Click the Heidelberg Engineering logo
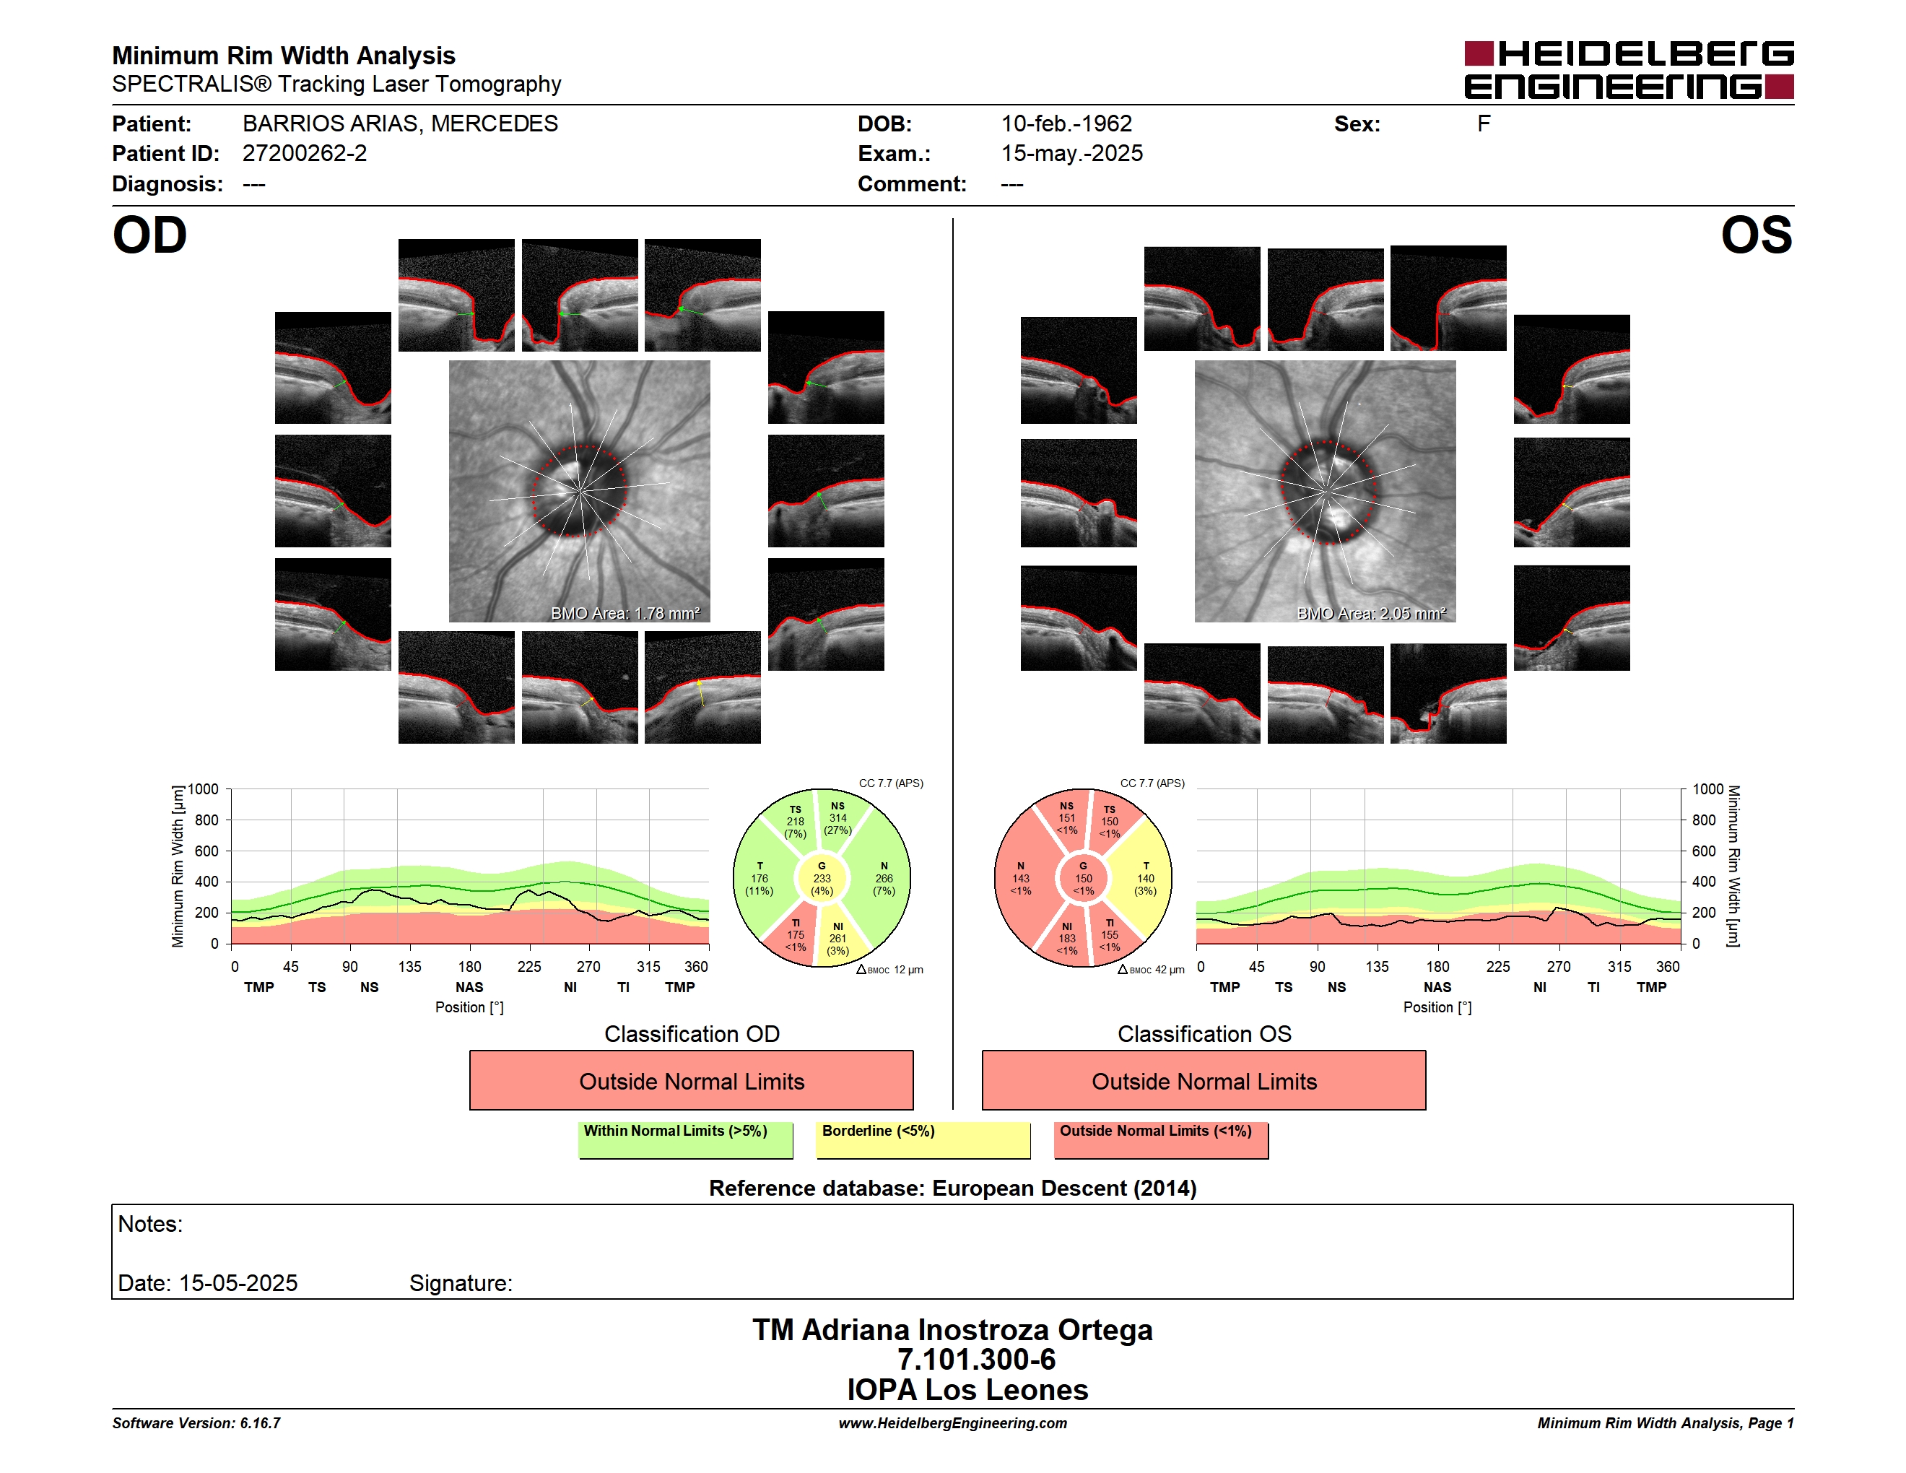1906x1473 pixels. point(1629,70)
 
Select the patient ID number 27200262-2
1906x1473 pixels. point(305,154)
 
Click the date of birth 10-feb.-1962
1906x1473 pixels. point(1066,124)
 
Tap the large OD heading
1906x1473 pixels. point(149,235)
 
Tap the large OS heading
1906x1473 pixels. point(1756,235)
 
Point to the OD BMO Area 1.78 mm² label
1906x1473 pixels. point(625,614)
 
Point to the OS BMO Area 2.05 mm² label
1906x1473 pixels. point(1371,614)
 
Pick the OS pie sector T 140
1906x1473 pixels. point(1145,879)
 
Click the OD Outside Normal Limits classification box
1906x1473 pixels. point(691,1080)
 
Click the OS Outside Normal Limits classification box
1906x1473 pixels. point(1204,1080)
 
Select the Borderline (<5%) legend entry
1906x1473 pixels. point(923,1139)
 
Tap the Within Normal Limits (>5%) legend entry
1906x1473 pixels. point(685,1139)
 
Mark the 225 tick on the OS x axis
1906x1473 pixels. point(1497,966)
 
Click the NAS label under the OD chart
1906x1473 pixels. point(469,987)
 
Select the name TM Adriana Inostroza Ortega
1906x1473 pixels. point(952,1330)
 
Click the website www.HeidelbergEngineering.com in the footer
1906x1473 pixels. point(952,1423)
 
